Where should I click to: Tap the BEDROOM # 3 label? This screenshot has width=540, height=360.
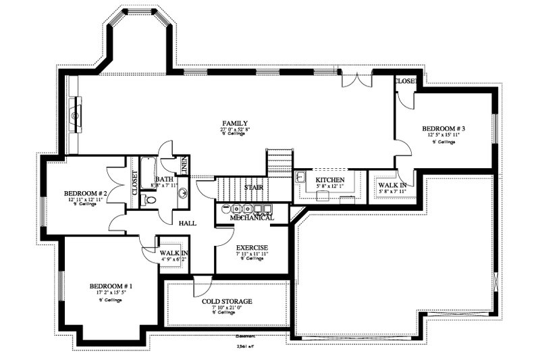tap(443, 128)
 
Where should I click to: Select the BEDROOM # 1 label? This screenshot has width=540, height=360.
tap(111, 286)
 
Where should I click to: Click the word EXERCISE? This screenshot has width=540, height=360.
tap(252, 247)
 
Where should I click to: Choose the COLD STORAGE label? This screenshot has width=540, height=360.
tap(227, 301)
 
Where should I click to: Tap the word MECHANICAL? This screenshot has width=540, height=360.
tap(252, 217)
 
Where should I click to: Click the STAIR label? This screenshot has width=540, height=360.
tap(254, 187)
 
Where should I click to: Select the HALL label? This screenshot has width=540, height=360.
tap(188, 223)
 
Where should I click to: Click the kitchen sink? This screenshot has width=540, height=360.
tap(302, 177)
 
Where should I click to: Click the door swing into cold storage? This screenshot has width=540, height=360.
tap(200, 286)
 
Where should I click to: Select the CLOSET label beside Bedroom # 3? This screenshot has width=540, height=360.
tap(405, 81)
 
